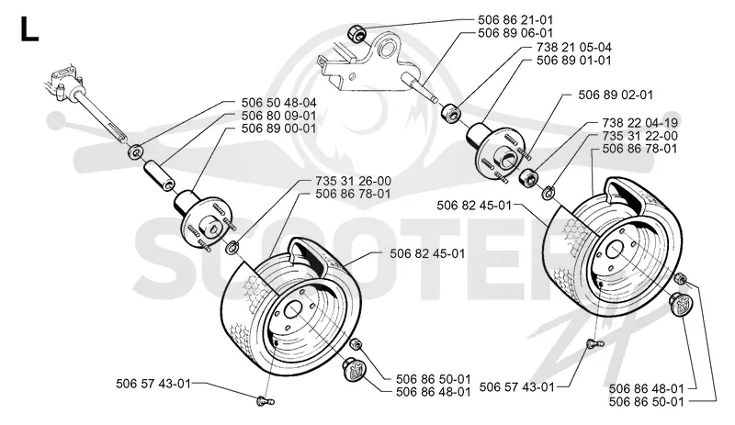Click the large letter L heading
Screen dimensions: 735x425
[x=29, y=29]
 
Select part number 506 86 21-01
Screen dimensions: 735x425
[x=515, y=19]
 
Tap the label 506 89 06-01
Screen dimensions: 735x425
[x=515, y=33]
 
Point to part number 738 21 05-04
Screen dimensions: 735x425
[x=573, y=48]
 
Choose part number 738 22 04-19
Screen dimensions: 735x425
[x=639, y=123]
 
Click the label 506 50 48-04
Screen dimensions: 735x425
[x=279, y=103]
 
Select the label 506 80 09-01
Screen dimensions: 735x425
[x=279, y=116]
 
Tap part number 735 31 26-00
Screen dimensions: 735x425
[x=354, y=181]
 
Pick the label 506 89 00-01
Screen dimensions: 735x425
[x=279, y=129]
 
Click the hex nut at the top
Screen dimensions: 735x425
[x=356, y=34]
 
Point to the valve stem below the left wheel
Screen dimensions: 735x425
[x=265, y=400]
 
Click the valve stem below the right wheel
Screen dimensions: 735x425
[x=595, y=344]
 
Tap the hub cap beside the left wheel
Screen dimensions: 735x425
[x=353, y=367]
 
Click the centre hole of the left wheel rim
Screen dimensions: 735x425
[x=296, y=309]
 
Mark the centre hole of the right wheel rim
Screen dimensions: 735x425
[x=614, y=250]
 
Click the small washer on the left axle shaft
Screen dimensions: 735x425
[x=136, y=151]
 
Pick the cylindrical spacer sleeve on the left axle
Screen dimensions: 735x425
[x=159, y=174]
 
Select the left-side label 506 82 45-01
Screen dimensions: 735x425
[x=427, y=253]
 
